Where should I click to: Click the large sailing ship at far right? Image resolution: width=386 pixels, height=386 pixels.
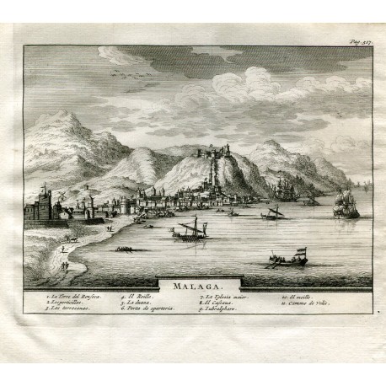coord(346,202)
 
